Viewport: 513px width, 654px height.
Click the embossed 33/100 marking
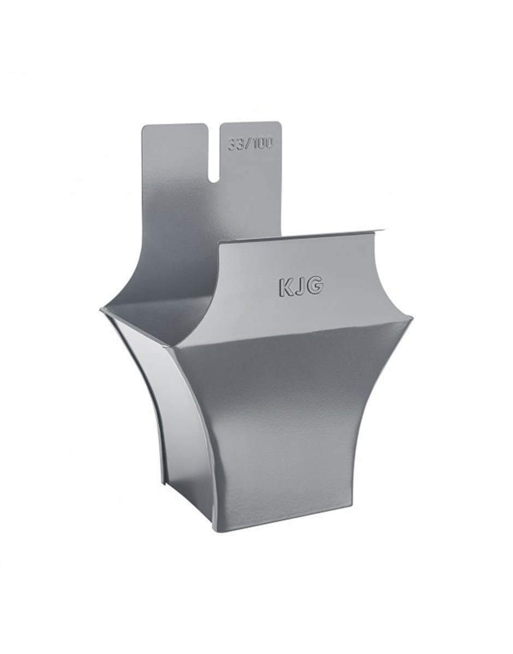point(250,145)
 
